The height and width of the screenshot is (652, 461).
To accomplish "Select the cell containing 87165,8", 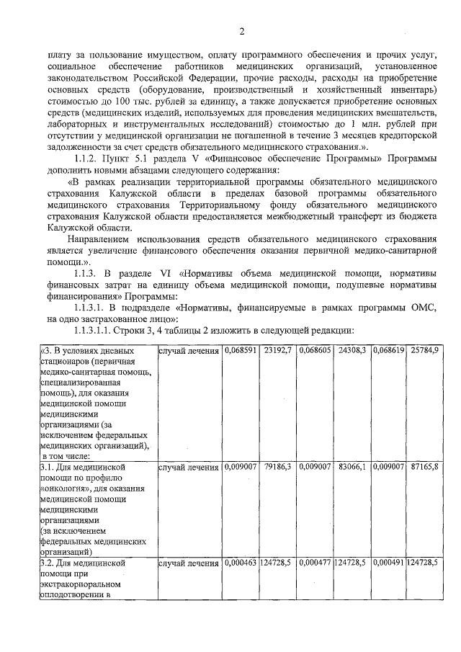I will pos(424,467).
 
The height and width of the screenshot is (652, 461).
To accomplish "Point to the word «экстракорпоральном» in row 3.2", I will pos(82,584).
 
